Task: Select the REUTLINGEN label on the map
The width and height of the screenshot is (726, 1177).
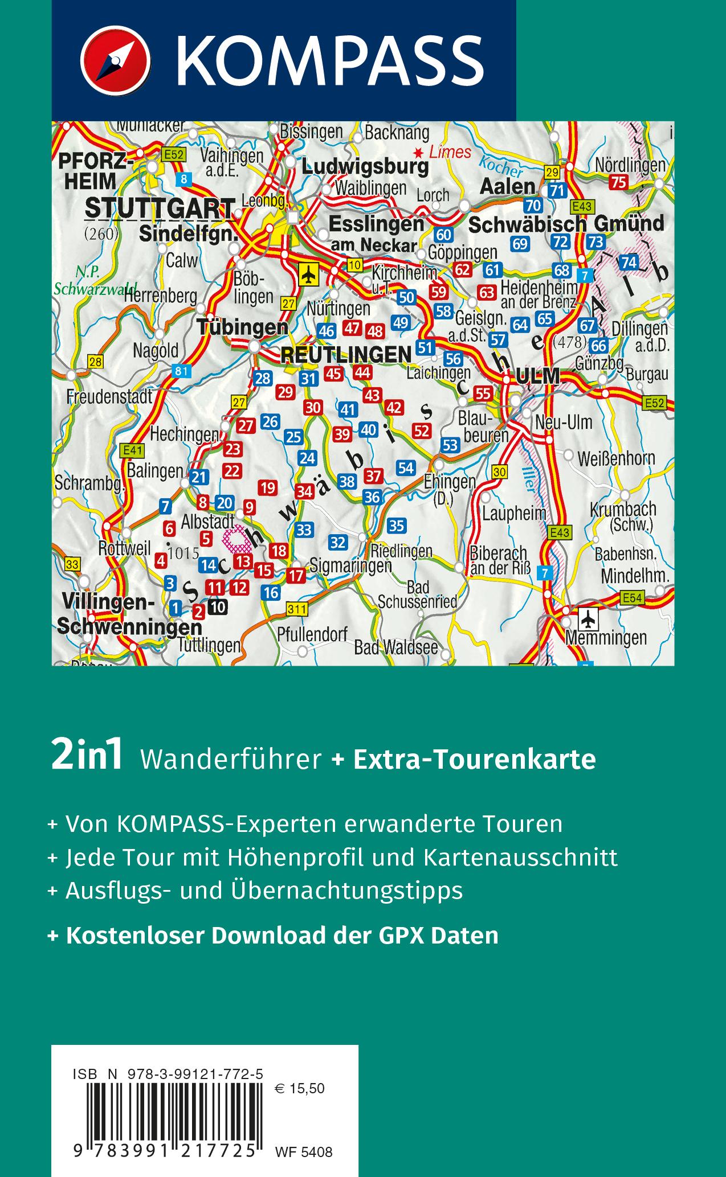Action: (x=346, y=354)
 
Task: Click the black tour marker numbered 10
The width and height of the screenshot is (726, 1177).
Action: (x=217, y=607)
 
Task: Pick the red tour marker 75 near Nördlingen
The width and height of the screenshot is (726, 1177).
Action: (x=618, y=182)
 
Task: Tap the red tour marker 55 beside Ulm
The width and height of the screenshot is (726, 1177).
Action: (x=483, y=393)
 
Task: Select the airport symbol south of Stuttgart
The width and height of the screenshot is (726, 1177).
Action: (x=308, y=275)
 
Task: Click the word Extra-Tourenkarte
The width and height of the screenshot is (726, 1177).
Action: (x=474, y=759)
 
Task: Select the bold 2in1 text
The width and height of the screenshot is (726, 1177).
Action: (x=87, y=758)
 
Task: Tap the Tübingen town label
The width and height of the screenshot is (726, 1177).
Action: (x=242, y=327)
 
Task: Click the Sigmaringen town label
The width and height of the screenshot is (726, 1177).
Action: (x=350, y=565)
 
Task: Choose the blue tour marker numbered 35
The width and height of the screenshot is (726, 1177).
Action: (x=396, y=525)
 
